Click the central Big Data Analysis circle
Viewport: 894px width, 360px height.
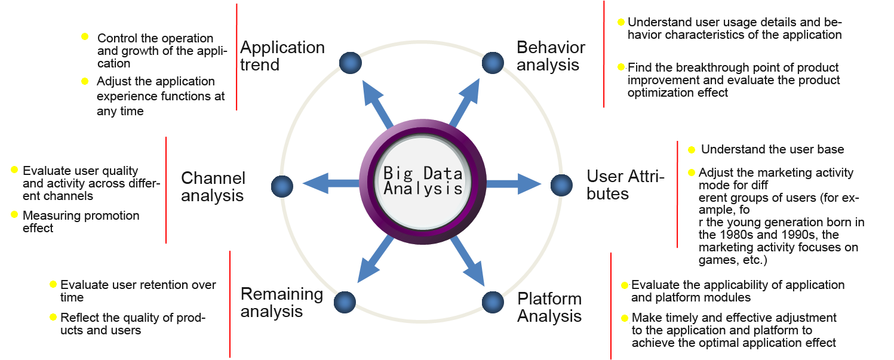coord(423,181)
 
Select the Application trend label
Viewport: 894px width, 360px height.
coord(282,55)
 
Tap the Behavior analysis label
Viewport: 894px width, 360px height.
coord(551,56)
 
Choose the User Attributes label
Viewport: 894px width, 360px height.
coord(625,184)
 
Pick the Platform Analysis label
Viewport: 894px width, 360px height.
coord(549,307)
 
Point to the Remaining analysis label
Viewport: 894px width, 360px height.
coord(281,303)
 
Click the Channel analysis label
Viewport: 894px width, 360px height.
coord(213,187)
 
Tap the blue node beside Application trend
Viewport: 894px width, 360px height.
coord(351,62)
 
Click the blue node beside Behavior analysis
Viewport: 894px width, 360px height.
coord(493,62)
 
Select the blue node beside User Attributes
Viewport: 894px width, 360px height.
coord(561,185)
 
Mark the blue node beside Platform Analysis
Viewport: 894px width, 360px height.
coord(493,302)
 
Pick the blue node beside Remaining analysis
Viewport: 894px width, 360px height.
coord(345,302)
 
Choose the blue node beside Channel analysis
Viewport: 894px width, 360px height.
coord(282,186)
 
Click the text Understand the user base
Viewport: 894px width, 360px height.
coord(772,149)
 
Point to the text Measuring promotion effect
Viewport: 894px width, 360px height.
coord(81,221)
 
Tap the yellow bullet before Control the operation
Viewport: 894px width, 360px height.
coord(85,37)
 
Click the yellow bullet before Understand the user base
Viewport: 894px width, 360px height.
coord(692,150)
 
